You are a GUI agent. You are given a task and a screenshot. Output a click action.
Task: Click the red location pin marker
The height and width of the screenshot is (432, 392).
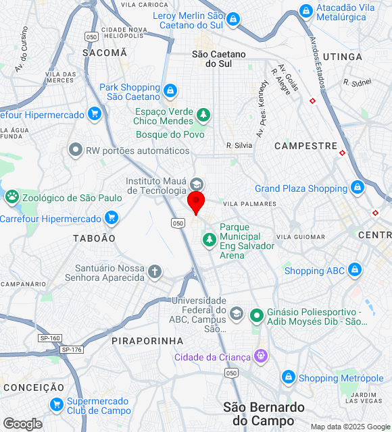coord(196,202)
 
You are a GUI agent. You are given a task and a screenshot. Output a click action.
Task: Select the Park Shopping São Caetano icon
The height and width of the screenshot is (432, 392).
coord(170,90)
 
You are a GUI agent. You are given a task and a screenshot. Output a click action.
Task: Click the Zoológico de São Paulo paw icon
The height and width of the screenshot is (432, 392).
coord(11,197)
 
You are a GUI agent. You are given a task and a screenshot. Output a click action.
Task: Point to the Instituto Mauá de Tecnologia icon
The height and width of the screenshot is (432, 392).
coord(196,184)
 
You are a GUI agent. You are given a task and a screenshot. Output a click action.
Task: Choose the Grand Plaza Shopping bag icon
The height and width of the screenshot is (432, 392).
coord(357,188)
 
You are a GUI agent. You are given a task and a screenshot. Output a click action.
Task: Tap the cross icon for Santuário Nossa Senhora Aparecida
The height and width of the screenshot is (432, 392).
coord(155,272)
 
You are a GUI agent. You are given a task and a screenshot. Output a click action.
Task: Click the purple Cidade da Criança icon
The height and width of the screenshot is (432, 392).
coord(261,356)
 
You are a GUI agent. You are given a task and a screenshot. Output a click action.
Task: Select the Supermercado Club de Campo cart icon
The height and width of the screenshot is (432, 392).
coord(56,404)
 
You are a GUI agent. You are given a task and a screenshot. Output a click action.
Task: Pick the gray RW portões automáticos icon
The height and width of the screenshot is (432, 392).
coord(76,151)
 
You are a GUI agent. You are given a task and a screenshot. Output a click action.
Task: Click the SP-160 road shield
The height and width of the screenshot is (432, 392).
coord(49,337)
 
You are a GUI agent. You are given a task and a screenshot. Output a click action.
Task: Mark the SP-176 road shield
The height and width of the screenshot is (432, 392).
coord(71,349)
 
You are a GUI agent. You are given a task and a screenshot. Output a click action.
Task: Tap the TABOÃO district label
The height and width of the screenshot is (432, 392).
coord(94,238)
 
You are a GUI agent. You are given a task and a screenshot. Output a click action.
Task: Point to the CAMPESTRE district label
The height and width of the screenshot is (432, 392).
coord(305,146)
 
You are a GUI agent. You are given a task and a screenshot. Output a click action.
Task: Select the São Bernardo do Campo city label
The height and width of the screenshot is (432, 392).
coord(264,414)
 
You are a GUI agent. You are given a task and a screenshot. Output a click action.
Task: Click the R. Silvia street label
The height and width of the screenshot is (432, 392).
coord(239,145)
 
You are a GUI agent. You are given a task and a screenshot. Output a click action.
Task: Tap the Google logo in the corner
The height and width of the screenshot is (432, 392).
coord(22,424)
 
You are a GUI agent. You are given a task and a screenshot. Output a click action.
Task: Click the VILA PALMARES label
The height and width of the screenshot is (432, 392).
coord(249,203)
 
